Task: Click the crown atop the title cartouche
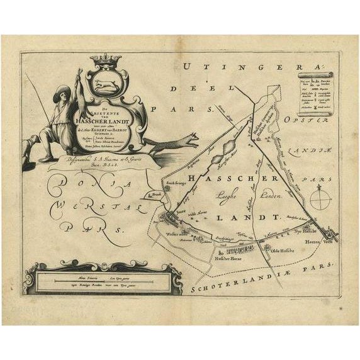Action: (106, 61)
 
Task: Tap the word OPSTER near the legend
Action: (301, 119)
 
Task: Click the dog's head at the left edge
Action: (26, 143)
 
